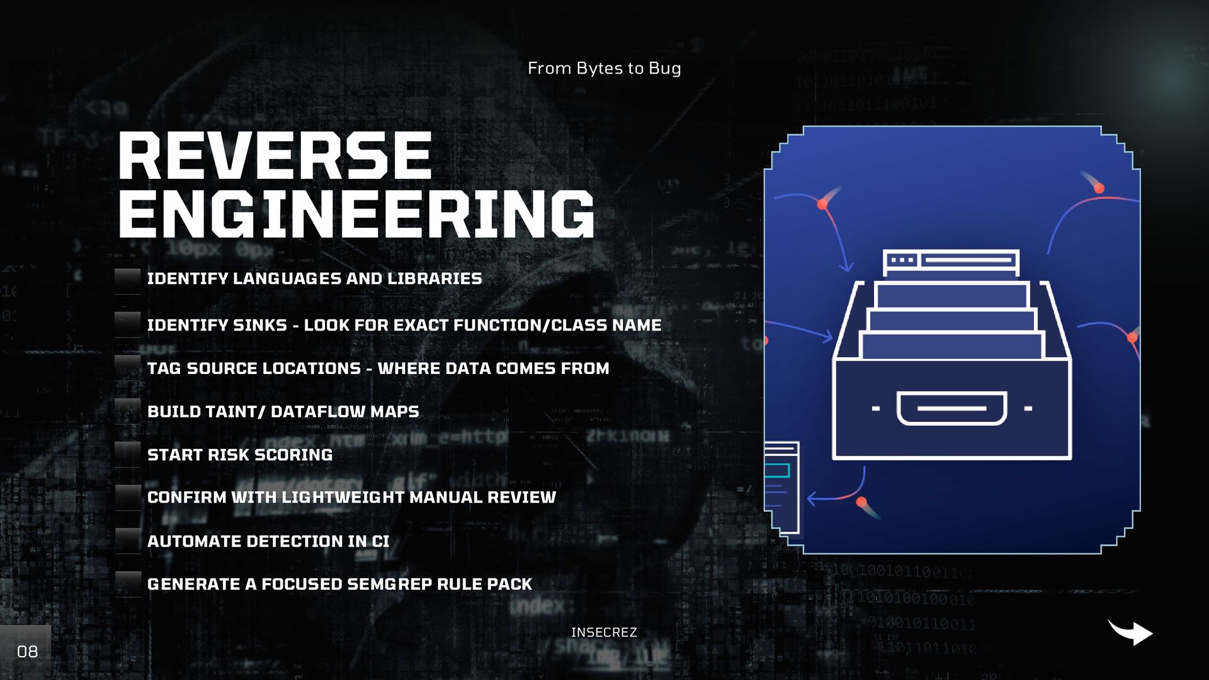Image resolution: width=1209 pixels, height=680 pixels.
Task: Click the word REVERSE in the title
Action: pyautogui.click(x=275, y=156)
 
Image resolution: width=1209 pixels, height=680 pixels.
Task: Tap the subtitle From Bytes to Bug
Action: pyautogui.click(x=604, y=68)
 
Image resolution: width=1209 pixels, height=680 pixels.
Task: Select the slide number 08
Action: pyautogui.click(x=27, y=651)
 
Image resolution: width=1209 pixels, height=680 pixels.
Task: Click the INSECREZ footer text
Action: pyautogui.click(x=604, y=632)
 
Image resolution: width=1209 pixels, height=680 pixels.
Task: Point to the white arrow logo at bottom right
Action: pyautogui.click(x=1130, y=632)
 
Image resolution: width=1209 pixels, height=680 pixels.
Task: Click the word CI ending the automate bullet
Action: pyautogui.click(x=380, y=541)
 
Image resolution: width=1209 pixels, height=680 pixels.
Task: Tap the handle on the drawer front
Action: pyautogui.click(x=951, y=408)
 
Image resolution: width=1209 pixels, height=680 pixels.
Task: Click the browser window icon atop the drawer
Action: pyautogui.click(x=951, y=261)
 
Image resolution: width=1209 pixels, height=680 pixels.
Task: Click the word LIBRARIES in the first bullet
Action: pyautogui.click(x=434, y=278)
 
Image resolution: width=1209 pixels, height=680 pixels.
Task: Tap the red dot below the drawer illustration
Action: pyautogui.click(x=861, y=502)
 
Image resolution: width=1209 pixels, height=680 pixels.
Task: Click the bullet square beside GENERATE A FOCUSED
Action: pyautogui.click(x=128, y=583)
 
